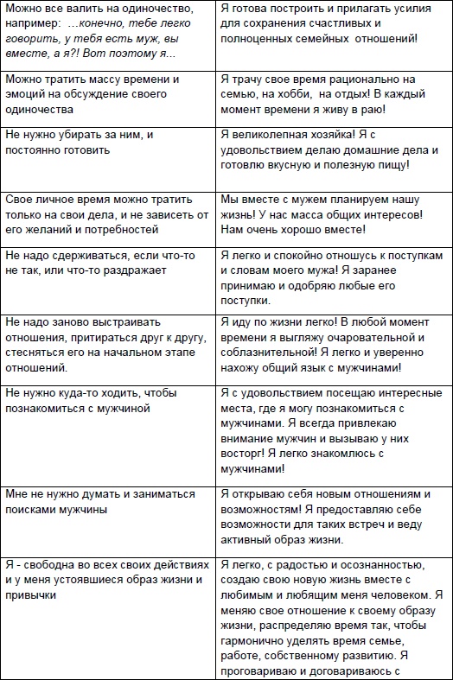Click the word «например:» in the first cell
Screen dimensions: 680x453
(x=35, y=24)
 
